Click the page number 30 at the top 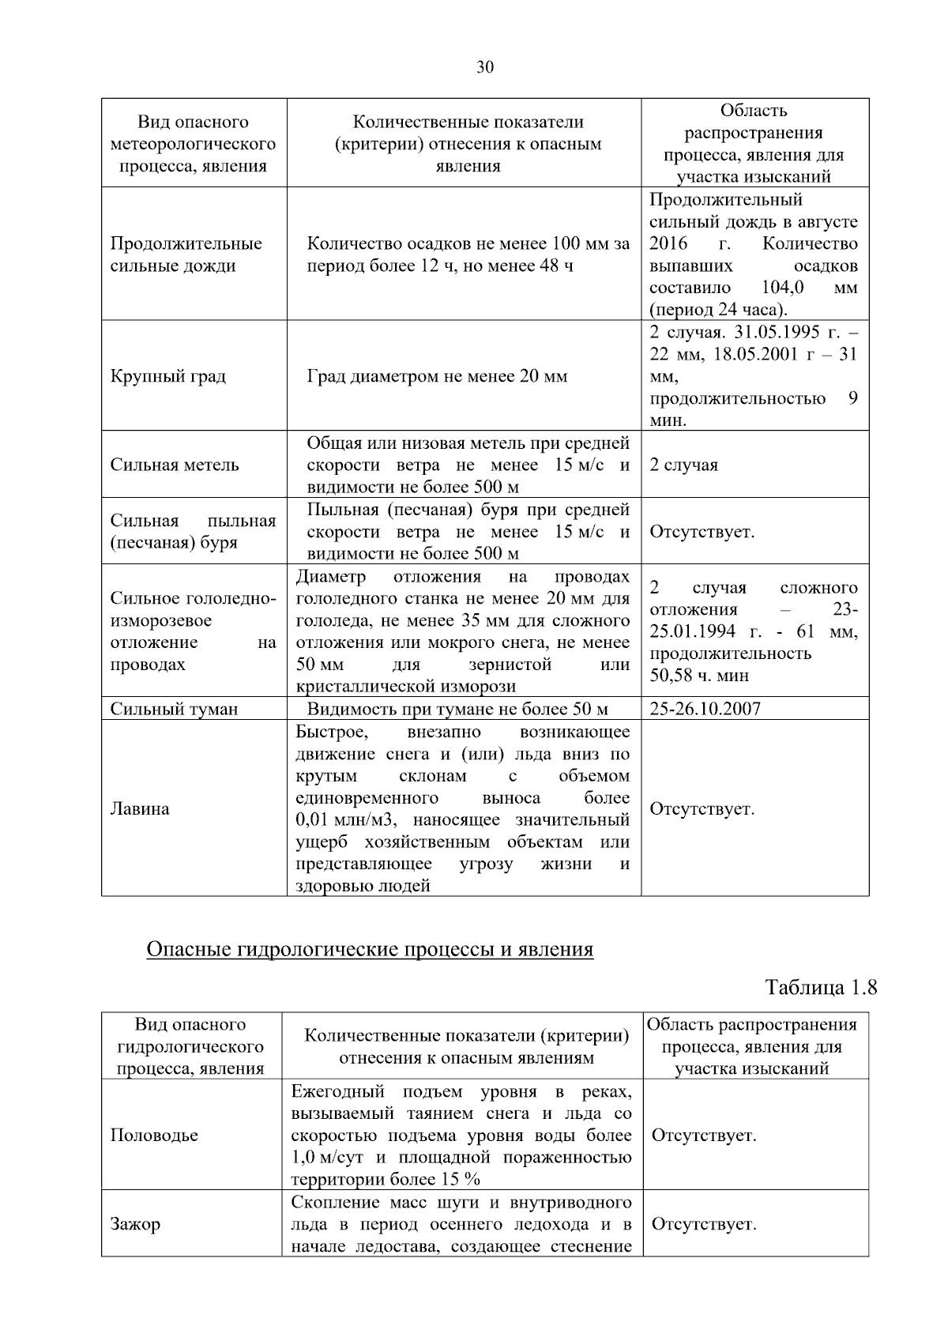tap(485, 67)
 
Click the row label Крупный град tap(168, 376)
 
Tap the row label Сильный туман tap(174, 709)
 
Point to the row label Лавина tap(140, 809)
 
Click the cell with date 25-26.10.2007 tap(705, 709)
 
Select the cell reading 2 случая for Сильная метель tap(683, 465)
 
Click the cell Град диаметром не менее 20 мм tap(437, 376)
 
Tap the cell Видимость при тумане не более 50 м tap(457, 709)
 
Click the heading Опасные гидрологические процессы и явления tap(370, 949)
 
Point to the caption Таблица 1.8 tap(822, 988)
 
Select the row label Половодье tap(154, 1136)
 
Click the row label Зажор tap(135, 1224)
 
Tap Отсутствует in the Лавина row tap(702, 809)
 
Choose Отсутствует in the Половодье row tap(704, 1136)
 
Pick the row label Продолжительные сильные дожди tap(186, 254)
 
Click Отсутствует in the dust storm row tap(702, 532)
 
